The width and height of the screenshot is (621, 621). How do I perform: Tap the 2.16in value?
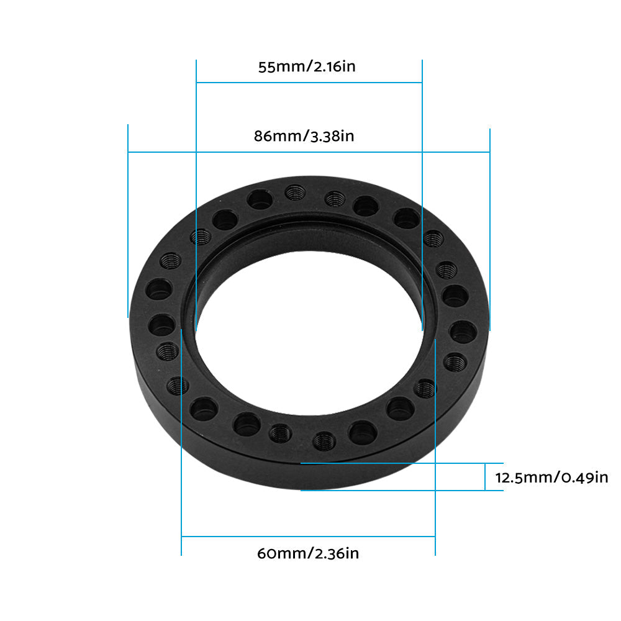point(333,67)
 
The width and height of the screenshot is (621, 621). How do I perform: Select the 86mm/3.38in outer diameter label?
point(304,136)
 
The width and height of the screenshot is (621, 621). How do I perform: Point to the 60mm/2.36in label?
point(307,553)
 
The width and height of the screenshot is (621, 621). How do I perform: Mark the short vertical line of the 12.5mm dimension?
point(485,477)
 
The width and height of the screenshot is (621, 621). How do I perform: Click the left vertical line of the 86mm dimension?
point(128,217)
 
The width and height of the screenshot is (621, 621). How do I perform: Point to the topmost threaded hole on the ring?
point(294,194)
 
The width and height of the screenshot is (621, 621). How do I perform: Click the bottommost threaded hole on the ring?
point(323,442)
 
